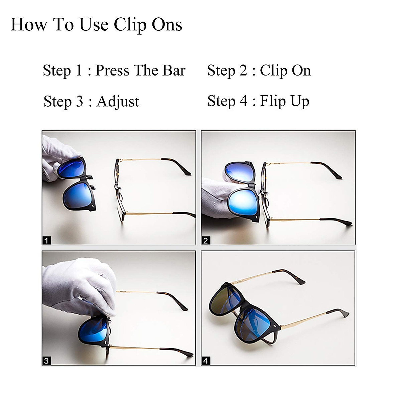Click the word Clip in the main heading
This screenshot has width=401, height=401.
[130, 25]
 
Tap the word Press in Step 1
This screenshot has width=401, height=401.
[112, 71]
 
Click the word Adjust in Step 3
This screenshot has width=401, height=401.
[118, 102]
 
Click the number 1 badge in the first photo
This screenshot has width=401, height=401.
[46, 240]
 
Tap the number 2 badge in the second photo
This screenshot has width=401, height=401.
[206, 240]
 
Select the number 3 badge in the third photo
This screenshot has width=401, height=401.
[46, 361]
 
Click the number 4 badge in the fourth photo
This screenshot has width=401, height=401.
[206, 361]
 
